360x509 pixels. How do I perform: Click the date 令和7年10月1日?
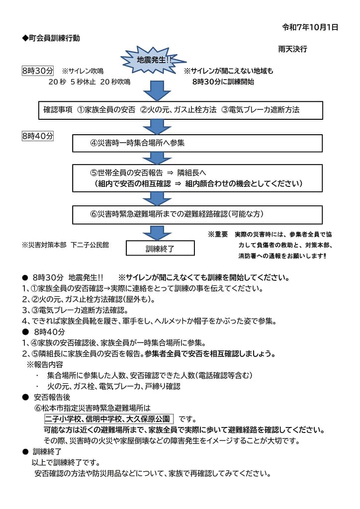coord(310,27)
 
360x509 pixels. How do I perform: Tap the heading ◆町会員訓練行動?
coord(51,38)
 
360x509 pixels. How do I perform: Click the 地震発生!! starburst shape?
coord(154,60)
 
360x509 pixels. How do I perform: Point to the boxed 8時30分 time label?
coord(38,71)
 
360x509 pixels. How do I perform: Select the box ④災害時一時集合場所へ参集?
coord(197,143)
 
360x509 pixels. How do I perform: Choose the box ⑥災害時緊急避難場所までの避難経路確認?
coord(197,214)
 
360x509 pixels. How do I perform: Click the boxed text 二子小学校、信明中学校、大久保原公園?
coord(109,419)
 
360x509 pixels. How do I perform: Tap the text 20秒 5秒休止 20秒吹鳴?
coord(89,82)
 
